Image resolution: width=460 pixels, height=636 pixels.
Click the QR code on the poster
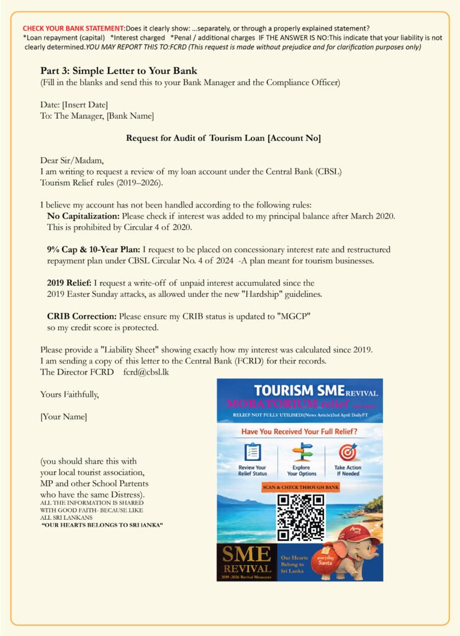pyautogui.click(x=300, y=517)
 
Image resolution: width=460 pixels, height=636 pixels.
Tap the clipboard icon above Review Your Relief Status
pyautogui.click(x=253, y=452)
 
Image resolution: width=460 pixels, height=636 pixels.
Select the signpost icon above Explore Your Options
pyautogui.click(x=302, y=452)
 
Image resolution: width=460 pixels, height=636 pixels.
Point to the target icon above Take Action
pyautogui.click(x=348, y=452)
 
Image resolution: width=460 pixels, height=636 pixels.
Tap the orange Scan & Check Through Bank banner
pyautogui.click(x=300, y=487)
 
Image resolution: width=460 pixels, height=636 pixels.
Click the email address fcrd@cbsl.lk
pyautogui.click(x=146, y=371)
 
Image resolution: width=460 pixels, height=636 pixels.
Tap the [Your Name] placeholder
pyautogui.click(x=64, y=416)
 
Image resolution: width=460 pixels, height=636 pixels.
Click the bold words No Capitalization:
pyautogui.click(x=83, y=216)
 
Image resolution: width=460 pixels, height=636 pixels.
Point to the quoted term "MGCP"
pyautogui.click(x=292, y=316)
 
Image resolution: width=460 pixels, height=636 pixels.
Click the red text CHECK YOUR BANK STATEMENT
pyautogui.click(x=73, y=28)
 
